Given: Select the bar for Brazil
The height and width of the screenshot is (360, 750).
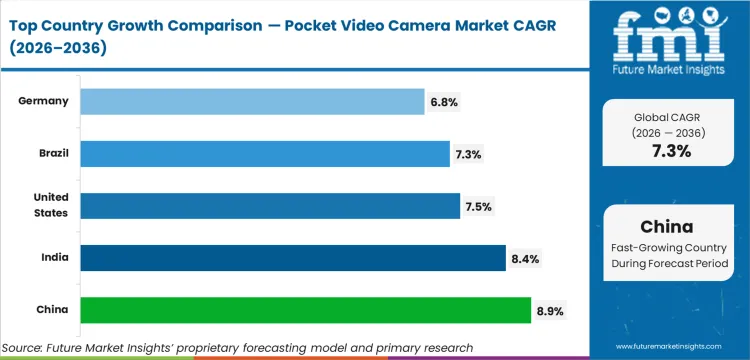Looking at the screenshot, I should (264, 153).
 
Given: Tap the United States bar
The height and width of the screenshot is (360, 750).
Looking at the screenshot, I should (270, 206).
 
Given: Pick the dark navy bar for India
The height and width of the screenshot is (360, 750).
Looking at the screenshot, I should (292, 258).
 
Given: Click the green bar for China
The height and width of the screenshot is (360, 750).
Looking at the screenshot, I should (305, 310).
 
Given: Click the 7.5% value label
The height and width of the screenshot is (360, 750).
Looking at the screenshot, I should (478, 206).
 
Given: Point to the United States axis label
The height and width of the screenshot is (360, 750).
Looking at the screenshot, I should (49, 206).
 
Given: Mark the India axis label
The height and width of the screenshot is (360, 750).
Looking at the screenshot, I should (54, 258).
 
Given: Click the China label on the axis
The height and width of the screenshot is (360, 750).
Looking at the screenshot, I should (52, 310).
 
